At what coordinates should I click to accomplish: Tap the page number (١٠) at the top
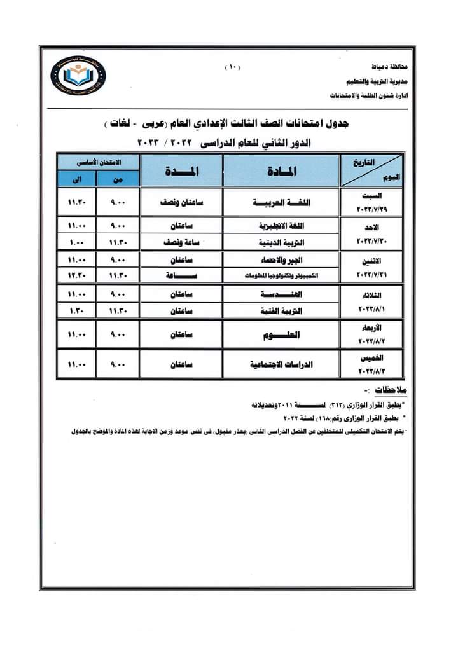coord(232,66)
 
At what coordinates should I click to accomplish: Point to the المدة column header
coord(181,170)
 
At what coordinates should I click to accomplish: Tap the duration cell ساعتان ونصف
coord(181,203)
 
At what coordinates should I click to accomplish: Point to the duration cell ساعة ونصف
coord(181,242)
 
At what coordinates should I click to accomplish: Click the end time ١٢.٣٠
coord(77,275)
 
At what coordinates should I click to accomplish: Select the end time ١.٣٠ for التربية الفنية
coord(77,311)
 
